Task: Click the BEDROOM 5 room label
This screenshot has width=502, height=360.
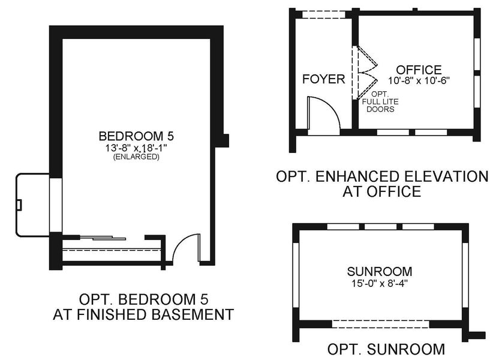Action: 137,136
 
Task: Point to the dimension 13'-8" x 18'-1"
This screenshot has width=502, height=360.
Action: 137,147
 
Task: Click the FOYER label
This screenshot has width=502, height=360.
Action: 323,79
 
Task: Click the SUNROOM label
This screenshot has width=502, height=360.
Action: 378,271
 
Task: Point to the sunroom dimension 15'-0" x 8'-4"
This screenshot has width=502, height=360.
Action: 379,281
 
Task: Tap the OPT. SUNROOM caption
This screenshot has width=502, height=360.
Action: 386,349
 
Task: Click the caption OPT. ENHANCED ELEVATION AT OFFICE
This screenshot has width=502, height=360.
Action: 382,184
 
